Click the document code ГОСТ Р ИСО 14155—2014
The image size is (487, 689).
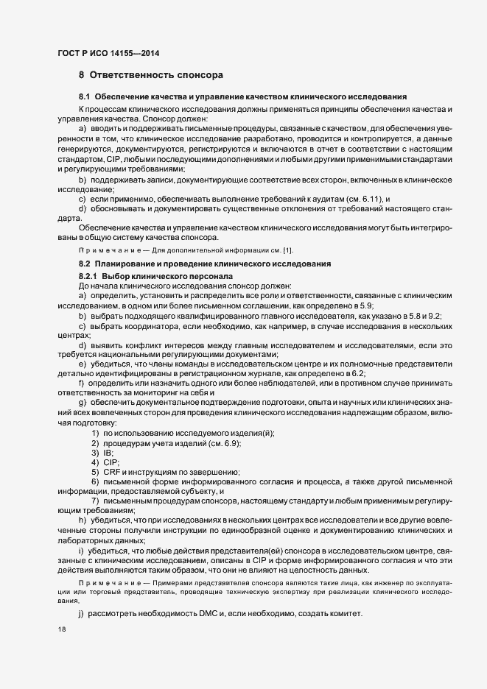108,54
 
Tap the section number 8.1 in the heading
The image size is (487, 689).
85,97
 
